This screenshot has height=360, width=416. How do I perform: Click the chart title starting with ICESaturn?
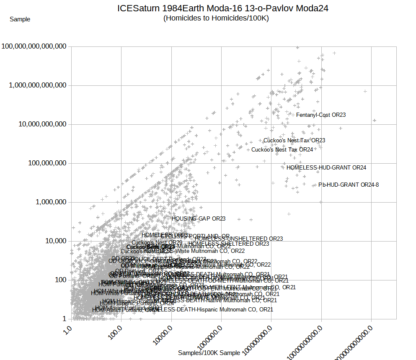(x=222, y=8)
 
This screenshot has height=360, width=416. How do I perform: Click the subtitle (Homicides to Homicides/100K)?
(x=216, y=18)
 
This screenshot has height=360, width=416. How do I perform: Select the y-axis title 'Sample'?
(x=20, y=19)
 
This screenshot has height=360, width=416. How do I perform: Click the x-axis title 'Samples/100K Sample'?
(x=209, y=353)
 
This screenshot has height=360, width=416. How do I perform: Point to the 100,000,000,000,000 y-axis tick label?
(x=34, y=46)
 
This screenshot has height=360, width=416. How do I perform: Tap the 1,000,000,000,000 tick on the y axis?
(x=37, y=85)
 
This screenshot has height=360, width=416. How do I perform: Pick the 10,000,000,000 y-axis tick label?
(x=40, y=124)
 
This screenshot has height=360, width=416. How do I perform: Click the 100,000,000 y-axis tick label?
(x=44, y=163)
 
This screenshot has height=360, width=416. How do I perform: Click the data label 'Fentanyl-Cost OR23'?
(x=321, y=115)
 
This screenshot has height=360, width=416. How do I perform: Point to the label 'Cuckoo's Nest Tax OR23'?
(x=294, y=141)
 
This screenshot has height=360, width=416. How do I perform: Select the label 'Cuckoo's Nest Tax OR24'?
(x=282, y=149)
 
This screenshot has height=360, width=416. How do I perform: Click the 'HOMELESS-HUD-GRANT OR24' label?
(x=326, y=168)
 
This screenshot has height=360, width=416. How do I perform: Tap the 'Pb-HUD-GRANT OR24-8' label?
(x=349, y=185)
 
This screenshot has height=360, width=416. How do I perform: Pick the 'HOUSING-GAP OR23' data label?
(x=199, y=219)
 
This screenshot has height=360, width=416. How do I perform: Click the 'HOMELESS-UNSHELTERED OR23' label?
(x=239, y=239)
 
